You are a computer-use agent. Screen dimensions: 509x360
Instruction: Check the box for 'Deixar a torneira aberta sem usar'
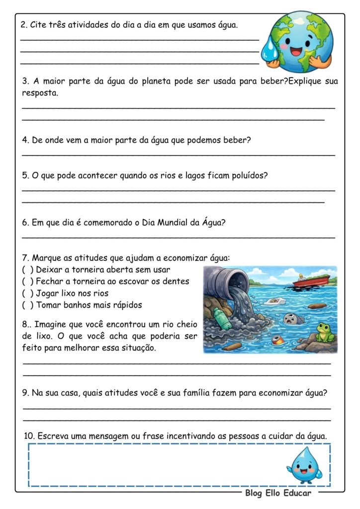[28, 270]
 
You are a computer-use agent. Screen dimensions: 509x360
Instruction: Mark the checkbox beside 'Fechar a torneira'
[28, 281]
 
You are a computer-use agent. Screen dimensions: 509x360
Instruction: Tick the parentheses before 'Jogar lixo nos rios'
[28, 293]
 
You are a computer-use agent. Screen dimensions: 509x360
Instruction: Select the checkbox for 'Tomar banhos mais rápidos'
[28, 305]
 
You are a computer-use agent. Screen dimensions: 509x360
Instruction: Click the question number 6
[25, 223]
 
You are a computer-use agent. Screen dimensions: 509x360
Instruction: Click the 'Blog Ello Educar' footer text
[278, 493]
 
